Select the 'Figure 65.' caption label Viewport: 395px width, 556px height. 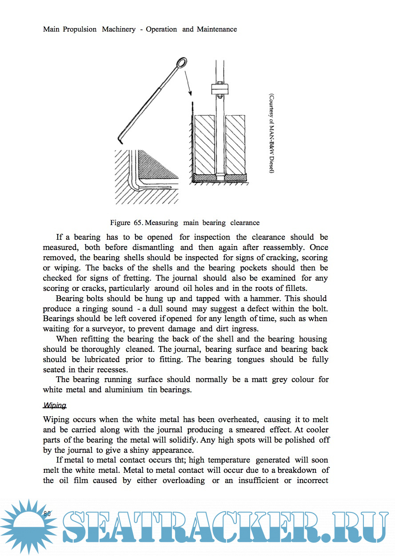[126, 222]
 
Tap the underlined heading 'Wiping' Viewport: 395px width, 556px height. [55, 405]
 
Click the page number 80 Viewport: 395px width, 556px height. [48, 513]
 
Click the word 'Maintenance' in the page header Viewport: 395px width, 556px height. [217, 29]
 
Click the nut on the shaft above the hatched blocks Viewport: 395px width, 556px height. [220, 88]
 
